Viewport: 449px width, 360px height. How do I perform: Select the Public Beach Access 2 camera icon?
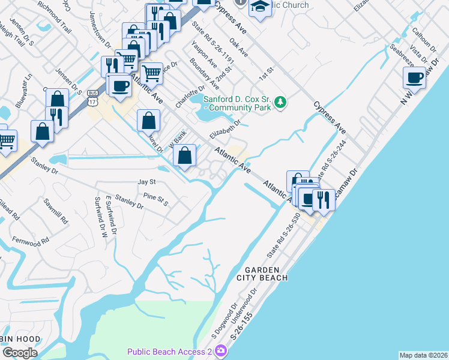click(x=221, y=350)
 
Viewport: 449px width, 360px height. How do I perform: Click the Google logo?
click(x=20, y=353)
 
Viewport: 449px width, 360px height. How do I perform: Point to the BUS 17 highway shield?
click(x=92, y=97)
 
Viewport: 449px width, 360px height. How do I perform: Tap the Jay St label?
click(x=146, y=181)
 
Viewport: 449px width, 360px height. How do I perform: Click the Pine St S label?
click(x=155, y=198)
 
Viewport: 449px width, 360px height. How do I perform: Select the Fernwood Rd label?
click(x=29, y=241)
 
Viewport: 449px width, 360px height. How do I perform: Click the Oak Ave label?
click(x=238, y=49)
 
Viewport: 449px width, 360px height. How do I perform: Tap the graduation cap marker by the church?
click(x=261, y=8)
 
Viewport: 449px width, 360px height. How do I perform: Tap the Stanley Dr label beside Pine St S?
click(x=129, y=201)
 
